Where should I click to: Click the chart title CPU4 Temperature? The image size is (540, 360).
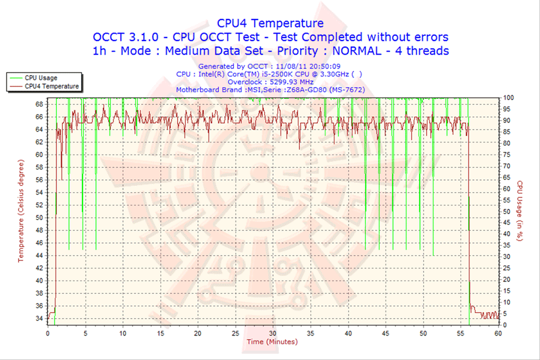[x=270, y=22]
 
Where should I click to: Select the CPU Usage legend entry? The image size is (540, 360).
[x=40, y=77]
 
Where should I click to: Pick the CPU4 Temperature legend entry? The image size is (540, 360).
[x=50, y=86]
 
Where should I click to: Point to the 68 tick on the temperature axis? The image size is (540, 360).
[x=38, y=103]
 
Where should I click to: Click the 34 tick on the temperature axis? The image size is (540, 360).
[x=38, y=318]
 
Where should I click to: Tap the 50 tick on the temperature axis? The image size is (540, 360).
[x=38, y=217]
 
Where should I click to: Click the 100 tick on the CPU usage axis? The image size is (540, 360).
[x=508, y=97]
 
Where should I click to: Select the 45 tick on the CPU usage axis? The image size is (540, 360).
[x=507, y=223]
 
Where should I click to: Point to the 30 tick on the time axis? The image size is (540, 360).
[x=272, y=334]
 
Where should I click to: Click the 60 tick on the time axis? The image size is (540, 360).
[x=498, y=334]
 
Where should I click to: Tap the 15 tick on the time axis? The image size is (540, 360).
[x=160, y=334]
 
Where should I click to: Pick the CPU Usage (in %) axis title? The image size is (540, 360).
[x=520, y=211]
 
